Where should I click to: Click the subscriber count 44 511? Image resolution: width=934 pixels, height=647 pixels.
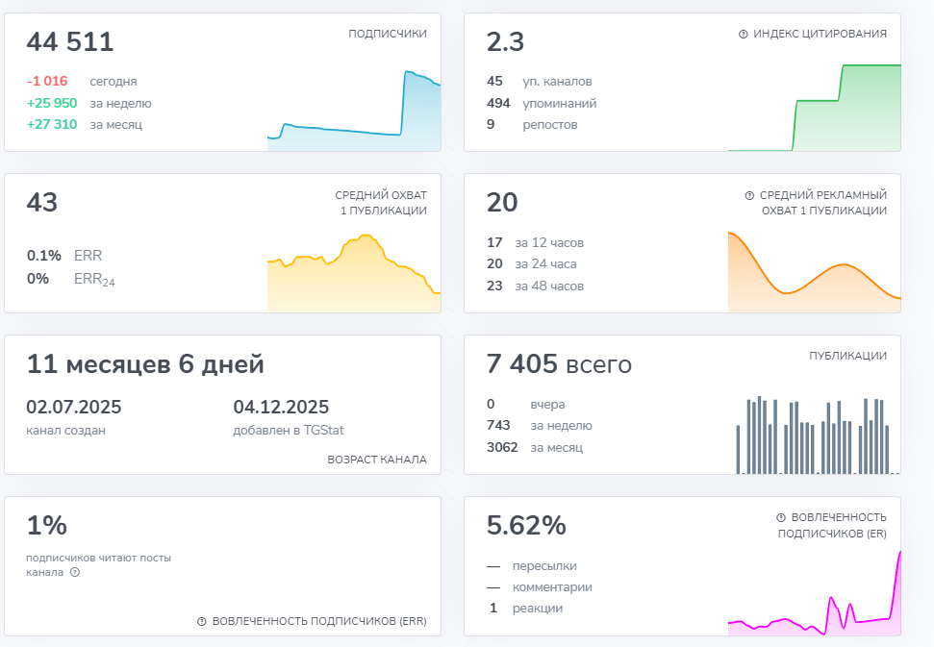[70, 41]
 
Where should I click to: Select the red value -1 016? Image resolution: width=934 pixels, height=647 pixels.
[47, 81]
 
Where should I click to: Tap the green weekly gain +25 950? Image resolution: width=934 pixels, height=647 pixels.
[52, 103]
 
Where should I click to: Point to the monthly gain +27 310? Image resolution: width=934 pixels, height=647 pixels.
[52, 124]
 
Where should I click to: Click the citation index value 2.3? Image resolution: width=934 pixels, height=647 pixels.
[505, 41]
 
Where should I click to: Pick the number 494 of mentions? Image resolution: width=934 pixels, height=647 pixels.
[498, 103]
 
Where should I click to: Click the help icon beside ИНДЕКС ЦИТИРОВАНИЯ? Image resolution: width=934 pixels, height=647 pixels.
[743, 34]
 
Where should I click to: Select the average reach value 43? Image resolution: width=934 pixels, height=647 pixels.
[41, 203]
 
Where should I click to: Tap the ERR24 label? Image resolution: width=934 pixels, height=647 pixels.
[94, 279]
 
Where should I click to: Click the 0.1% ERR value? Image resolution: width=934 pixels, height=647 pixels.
[44, 256]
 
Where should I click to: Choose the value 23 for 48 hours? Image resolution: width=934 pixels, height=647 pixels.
[494, 286]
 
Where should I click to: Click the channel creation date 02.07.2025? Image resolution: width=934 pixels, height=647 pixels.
[74, 407]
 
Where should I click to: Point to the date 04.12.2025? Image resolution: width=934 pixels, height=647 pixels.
[281, 407]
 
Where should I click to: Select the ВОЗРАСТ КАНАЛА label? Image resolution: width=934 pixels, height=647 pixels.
[377, 460]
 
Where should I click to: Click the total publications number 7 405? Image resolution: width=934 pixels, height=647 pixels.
[521, 363]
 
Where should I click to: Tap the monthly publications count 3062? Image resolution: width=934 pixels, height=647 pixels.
[502, 447]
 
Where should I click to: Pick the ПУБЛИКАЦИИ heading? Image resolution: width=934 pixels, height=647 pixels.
[847, 356]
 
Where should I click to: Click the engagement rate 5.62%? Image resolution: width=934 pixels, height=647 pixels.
[526, 526]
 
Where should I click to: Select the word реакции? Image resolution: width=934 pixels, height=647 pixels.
[538, 609]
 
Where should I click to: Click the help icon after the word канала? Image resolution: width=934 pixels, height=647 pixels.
[75, 573]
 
